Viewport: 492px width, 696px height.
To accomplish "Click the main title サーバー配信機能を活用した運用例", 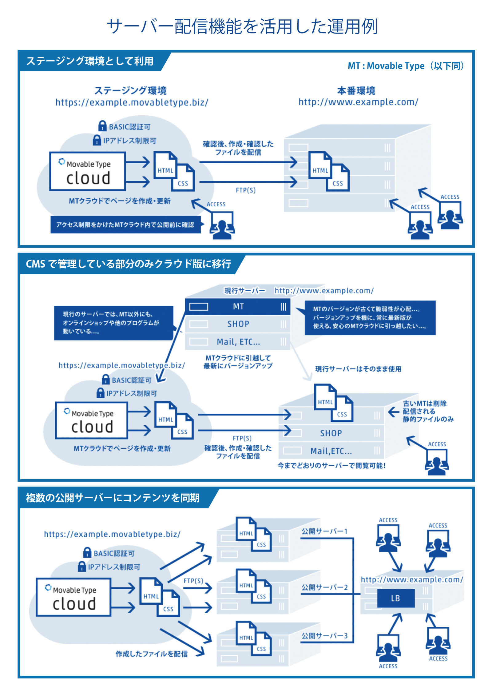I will pos(242,26).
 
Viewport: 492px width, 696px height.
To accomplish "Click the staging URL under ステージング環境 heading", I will pos(132,102).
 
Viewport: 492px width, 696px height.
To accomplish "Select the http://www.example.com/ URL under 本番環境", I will pos(358,102).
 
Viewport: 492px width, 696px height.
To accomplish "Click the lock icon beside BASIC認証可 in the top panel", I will pos(102,126).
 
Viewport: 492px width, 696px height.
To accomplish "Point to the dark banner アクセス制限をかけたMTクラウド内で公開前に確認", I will pos(125,225).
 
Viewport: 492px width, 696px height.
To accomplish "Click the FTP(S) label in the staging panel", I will pos(245,190).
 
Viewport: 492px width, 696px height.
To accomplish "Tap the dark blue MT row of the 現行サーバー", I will pos(238,306).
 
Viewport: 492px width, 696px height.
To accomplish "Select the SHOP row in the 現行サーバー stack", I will pos(238,324).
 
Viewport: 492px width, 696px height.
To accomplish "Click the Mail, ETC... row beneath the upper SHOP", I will pos(238,342).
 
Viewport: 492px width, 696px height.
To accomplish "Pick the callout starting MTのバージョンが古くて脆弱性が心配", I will pos(370,317).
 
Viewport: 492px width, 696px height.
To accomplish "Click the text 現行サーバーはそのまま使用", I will pos(358,369).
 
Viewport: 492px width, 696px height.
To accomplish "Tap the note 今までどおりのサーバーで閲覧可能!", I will pos(331,465).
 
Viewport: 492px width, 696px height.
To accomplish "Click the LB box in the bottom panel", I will pos(395,598).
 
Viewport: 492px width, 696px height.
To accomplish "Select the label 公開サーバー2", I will pos(324,587).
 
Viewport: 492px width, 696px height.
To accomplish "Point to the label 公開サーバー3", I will pos(324,636).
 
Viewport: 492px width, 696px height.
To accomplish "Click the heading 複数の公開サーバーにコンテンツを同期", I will pos(113,498).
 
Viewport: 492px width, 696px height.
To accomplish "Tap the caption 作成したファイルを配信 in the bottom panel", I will pos(152,654).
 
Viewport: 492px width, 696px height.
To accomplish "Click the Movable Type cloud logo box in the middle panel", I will pos(92,420).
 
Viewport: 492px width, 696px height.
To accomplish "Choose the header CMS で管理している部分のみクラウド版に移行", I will pos(128,264).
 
